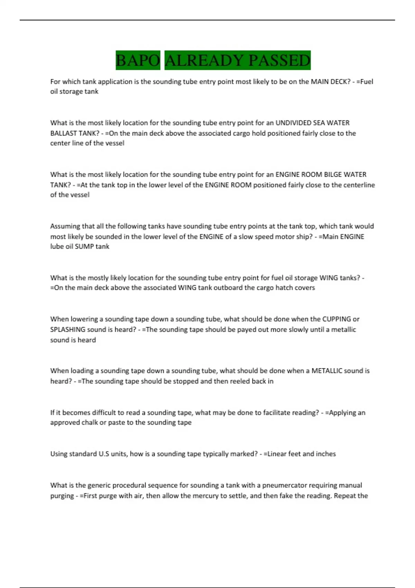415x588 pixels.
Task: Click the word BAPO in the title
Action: (x=138, y=60)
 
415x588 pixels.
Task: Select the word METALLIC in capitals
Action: (x=327, y=371)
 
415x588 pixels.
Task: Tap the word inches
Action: (x=325, y=454)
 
